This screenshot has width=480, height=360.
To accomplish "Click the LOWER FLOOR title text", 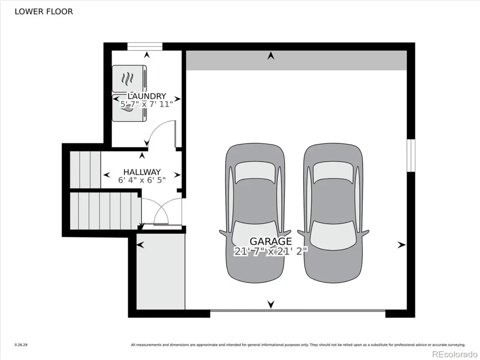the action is tap(44, 12).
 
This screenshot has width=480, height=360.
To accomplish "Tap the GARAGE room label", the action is tap(271, 241).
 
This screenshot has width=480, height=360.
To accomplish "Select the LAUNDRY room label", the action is tap(147, 96).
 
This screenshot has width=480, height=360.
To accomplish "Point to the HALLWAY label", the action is tap(142, 172).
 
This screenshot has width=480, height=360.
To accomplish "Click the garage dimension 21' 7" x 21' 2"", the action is tap(271, 251).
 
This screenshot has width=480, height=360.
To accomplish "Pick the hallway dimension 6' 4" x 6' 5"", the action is tap(142, 180).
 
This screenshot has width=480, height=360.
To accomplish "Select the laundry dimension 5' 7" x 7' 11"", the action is tap(147, 104).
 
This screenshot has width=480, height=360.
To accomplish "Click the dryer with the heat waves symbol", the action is tap(129, 79).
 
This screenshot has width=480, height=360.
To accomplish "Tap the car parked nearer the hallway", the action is tap(255, 213).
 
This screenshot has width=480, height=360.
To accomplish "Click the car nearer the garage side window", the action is tap(333, 213).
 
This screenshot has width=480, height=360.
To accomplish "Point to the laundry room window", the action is tap(145, 46).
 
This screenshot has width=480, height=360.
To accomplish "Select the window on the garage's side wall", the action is tap(411, 156).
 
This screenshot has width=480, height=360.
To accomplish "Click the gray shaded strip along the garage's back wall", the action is tap(296, 60).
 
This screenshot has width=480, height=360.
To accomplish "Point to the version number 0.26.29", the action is tap(21, 345).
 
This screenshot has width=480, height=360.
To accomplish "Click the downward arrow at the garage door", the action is tap(271, 304).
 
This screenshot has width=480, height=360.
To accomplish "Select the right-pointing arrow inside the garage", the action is tap(402, 245).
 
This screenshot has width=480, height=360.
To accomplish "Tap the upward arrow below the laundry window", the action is tap(147, 55).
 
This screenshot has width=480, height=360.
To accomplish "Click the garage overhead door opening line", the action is tap(298, 310).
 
